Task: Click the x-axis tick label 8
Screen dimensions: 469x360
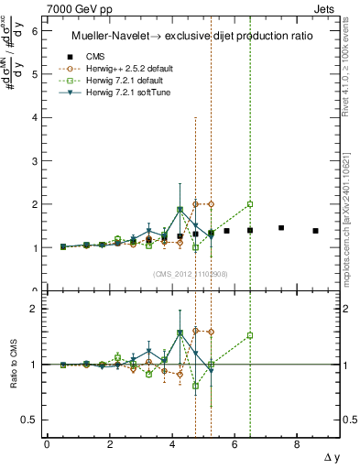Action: coord(297,444)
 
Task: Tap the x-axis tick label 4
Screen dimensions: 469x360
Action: coord(172,444)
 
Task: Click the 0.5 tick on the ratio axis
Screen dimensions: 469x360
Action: coord(29,420)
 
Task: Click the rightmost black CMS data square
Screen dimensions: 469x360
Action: coord(315,231)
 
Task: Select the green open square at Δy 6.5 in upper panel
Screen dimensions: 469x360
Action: coord(250,204)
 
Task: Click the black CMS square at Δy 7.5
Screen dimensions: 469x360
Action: coord(281,228)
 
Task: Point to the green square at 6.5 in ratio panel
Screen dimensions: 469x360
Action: coord(250,335)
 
